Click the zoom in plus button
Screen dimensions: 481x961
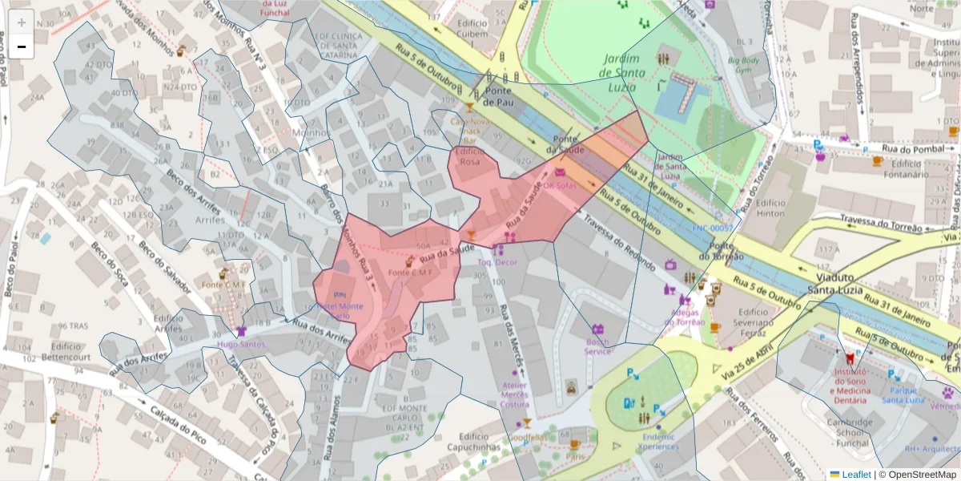click(x=22, y=22)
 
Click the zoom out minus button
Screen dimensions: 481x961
click(x=22, y=46)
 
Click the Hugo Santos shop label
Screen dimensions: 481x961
click(x=241, y=345)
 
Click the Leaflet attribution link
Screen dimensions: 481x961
click(x=856, y=474)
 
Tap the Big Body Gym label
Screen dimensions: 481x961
click(x=743, y=66)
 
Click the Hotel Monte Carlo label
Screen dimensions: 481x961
click(x=340, y=310)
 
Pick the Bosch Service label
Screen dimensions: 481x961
click(x=597, y=346)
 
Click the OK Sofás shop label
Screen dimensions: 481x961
click(x=560, y=185)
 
